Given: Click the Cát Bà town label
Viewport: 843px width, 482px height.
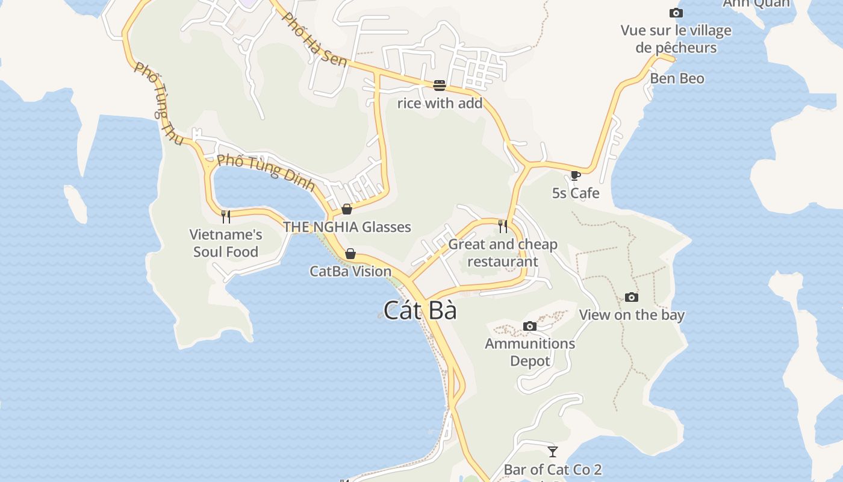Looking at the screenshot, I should point(420,311).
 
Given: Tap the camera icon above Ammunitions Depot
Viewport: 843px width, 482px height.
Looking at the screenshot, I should point(530,327).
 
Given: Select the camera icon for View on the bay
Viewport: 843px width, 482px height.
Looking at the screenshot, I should point(631,297).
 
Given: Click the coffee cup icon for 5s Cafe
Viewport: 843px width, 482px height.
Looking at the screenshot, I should point(575,175).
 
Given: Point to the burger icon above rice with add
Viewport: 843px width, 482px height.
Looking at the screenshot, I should point(440,86).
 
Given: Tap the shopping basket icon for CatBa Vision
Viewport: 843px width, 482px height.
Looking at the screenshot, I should point(350,254).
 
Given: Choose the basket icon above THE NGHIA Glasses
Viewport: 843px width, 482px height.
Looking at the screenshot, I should point(347,209).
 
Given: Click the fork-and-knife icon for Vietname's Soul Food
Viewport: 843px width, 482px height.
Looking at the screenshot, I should point(226,217).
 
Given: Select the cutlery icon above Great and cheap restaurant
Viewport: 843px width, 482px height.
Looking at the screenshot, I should point(503,227).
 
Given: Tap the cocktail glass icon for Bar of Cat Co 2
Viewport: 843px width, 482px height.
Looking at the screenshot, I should point(553,451).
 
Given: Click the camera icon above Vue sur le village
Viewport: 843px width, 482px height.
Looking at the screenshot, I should point(676,13).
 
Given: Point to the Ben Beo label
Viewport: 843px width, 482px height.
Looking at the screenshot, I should point(677,78).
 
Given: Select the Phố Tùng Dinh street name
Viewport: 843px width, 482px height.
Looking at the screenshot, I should point(266,172).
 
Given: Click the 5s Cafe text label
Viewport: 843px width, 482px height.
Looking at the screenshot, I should point(576,193).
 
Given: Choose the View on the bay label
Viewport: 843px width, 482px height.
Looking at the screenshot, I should point(632,315).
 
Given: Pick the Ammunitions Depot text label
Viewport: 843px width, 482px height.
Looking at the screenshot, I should point(530,352).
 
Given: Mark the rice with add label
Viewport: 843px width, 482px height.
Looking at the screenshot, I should point(440,103).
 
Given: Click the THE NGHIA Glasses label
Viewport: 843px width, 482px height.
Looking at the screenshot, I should point(347,227).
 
